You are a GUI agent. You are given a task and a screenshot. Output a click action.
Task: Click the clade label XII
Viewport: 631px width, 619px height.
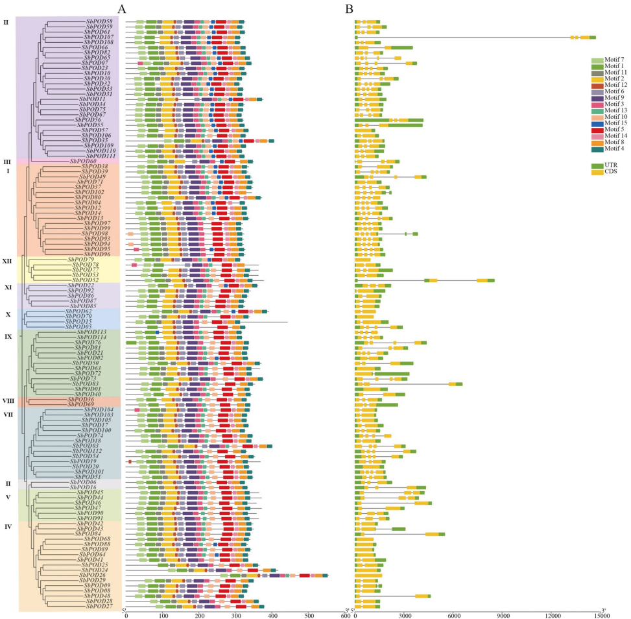point(7,261)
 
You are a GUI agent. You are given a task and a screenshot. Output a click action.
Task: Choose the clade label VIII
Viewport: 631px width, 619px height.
point(8,401)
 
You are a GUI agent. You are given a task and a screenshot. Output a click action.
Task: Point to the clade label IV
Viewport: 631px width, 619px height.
point(7,526)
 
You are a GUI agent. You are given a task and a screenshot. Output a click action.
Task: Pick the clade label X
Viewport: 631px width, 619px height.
point(7,314)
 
